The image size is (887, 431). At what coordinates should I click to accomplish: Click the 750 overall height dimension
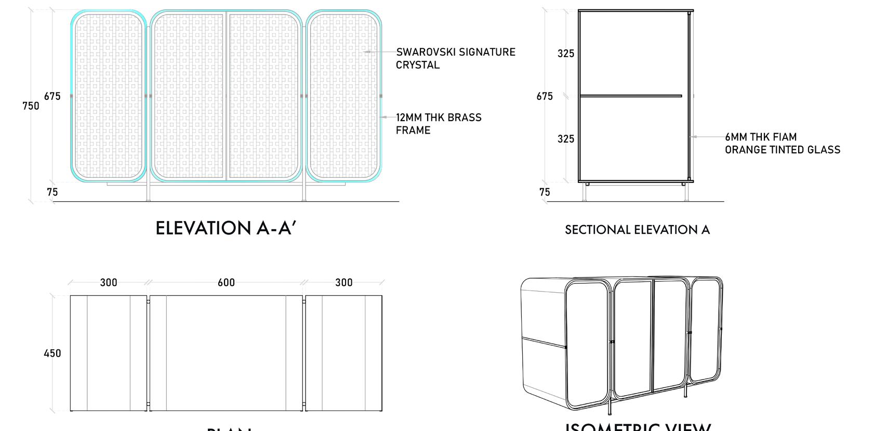point(31,106)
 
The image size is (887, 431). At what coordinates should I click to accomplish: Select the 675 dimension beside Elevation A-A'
point(52,96)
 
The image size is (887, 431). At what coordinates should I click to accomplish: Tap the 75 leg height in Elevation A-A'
point(52,192)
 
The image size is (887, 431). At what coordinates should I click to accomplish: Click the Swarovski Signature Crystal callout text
point(455,58)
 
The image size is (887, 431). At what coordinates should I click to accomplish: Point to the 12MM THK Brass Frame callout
point(439,124)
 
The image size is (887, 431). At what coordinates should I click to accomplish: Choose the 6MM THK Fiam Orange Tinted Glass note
point(782,143)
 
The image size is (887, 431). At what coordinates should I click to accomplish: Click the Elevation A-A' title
point(226,228)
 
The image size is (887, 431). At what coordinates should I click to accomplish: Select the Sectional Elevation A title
point(637,230)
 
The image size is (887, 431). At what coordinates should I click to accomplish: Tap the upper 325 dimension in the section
point(566,54)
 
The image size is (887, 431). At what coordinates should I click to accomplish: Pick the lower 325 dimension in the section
point(566,139)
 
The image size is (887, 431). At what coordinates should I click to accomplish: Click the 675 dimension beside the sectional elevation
point(545,96)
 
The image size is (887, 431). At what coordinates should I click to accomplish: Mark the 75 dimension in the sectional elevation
point(545,192)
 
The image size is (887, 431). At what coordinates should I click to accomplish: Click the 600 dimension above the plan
point(226,282)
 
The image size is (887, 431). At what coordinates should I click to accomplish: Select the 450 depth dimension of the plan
point(52,354)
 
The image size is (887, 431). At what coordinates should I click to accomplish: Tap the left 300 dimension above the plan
point(109,282)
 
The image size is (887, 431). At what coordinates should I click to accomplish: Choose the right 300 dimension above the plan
point(344,282)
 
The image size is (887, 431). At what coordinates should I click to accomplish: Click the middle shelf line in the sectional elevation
point(630,96)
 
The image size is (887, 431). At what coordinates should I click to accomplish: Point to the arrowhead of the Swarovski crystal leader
point(365,52)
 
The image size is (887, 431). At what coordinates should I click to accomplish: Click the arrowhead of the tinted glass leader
point(692,137)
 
